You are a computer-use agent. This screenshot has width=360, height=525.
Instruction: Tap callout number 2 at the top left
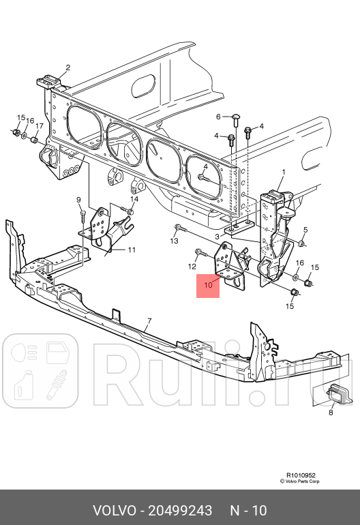(x=68, y=67)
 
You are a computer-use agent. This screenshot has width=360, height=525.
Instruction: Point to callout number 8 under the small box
(x=331, y=412)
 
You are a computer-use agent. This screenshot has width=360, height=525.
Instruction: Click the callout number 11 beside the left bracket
(x=132, y=250)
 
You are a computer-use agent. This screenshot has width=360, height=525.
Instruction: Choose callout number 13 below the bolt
(x=174, y=241)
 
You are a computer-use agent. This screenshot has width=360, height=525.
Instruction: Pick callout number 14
(x=134, y=199)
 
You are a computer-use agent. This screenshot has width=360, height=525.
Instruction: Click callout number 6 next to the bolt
(x=218, y=117)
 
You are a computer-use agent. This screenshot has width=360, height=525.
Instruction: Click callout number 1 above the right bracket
(x=283, y=172)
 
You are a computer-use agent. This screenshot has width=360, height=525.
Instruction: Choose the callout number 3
(x=217, y=236)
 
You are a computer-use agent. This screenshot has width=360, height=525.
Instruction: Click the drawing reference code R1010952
(x=301, y=475)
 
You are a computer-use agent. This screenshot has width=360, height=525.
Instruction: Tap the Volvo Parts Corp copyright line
(x=301, y=481)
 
